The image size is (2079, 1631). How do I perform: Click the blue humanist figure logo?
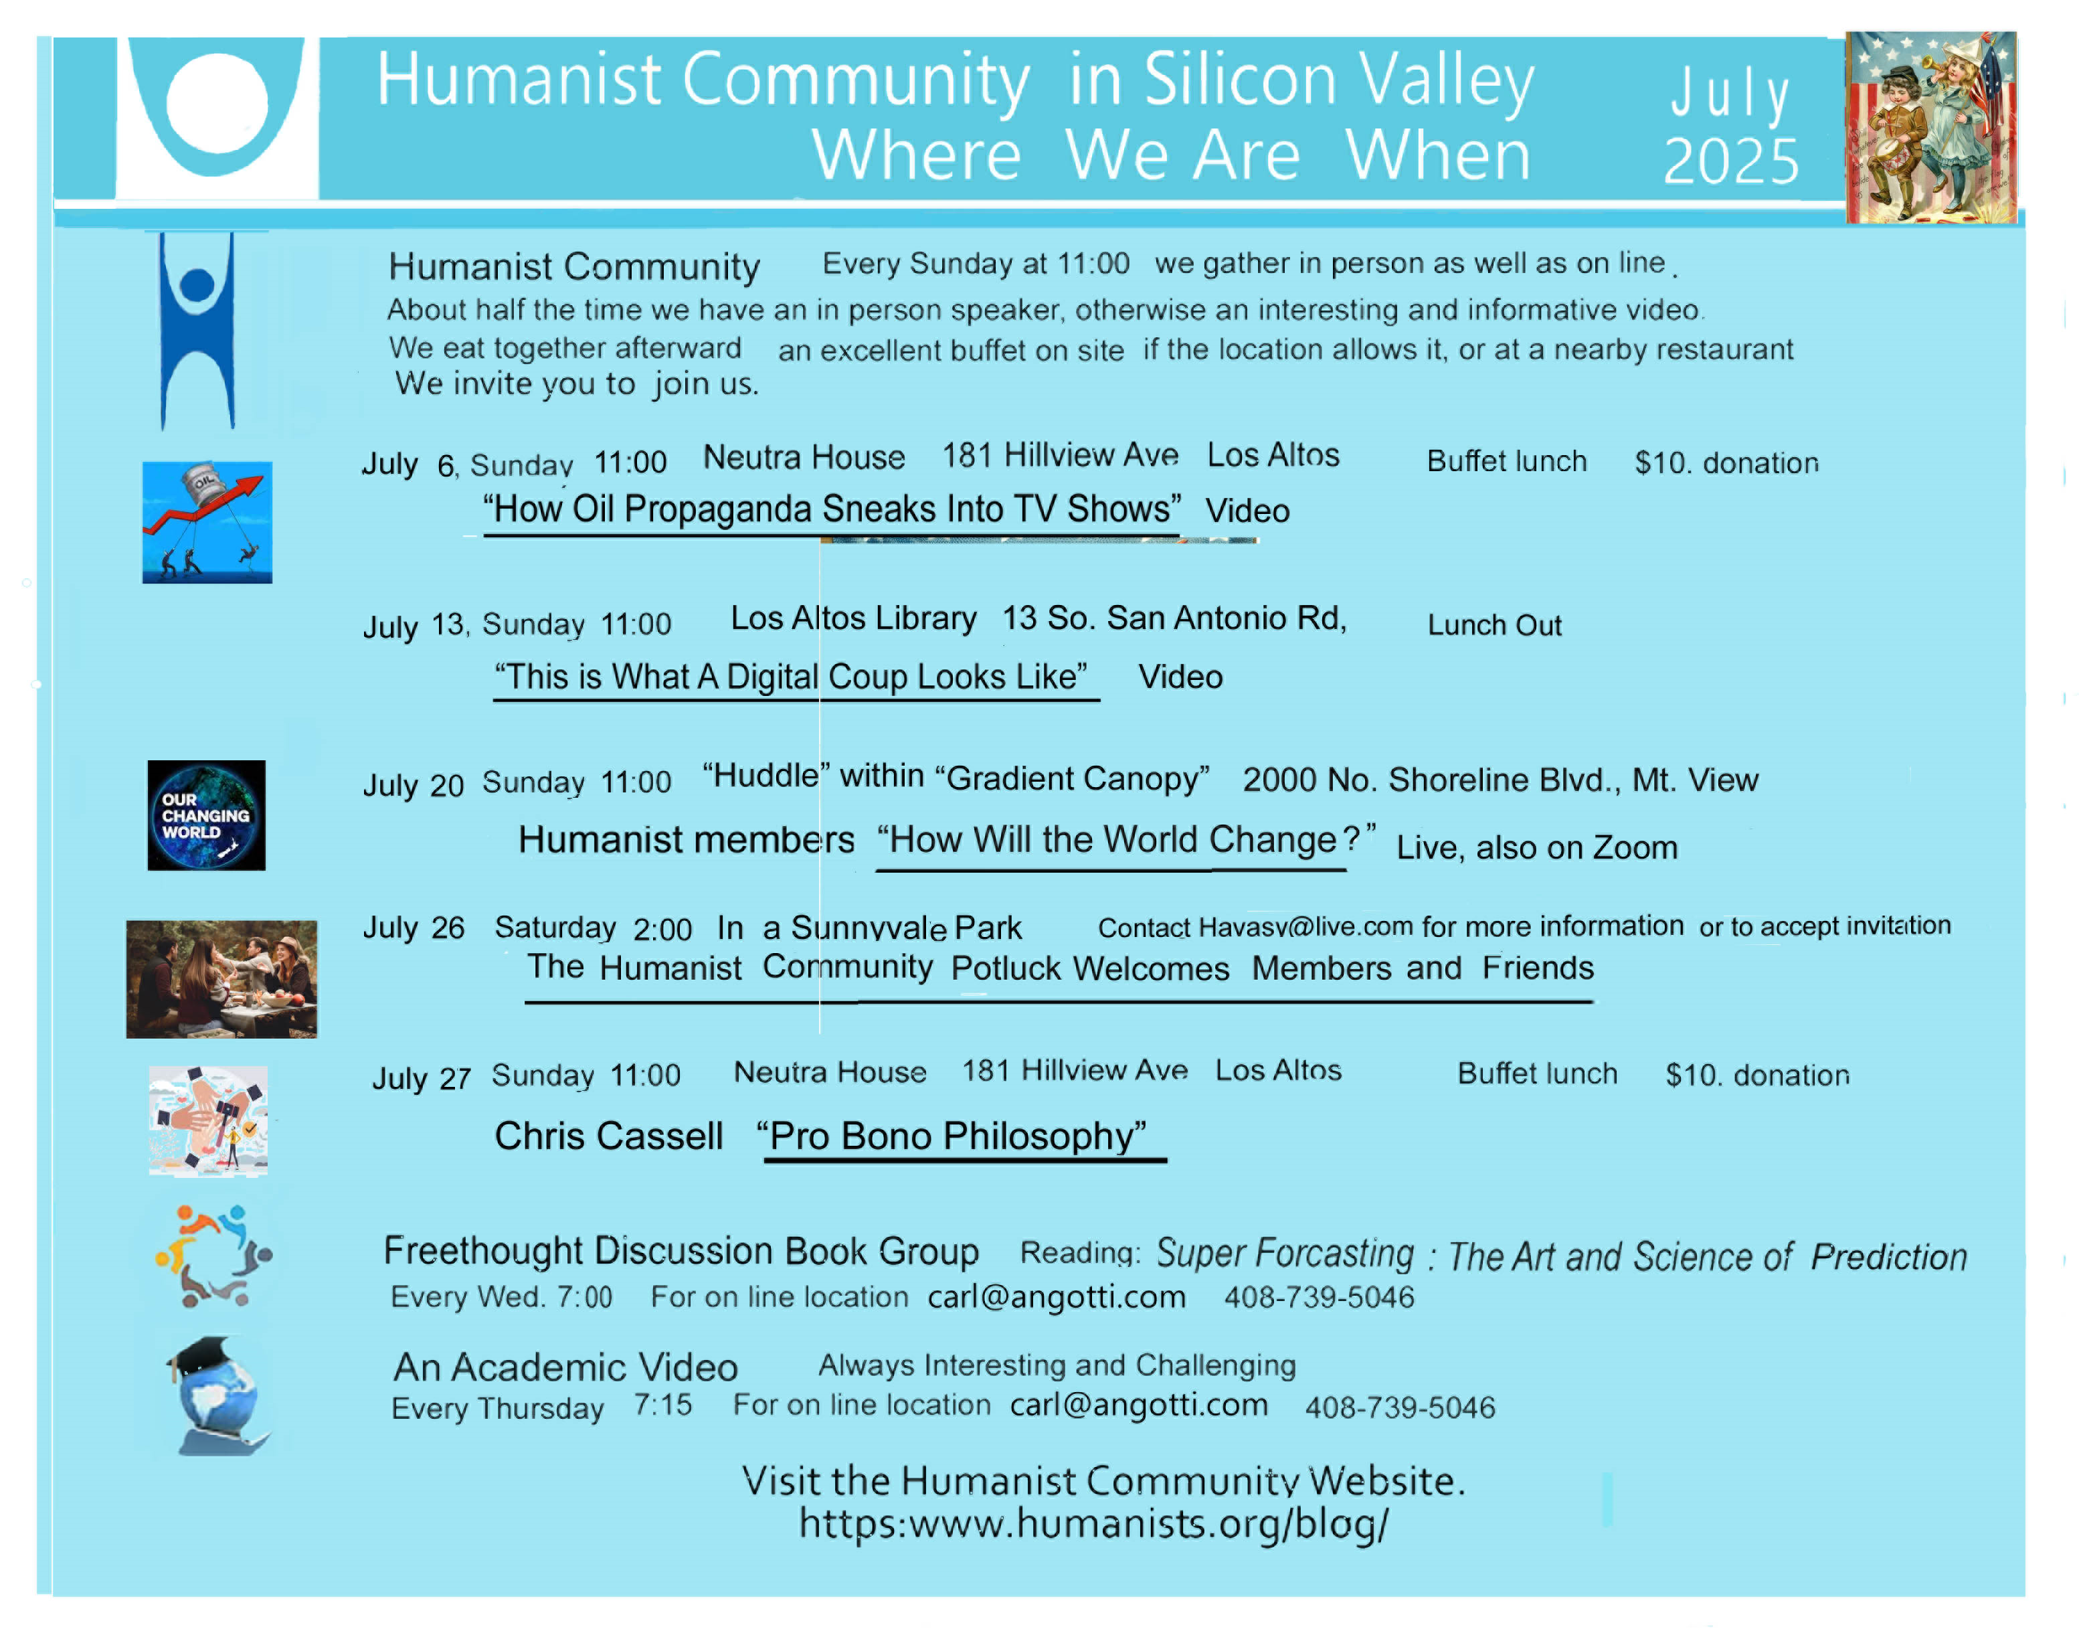197,331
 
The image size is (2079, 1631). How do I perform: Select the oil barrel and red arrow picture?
207,522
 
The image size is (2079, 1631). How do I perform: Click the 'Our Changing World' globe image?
206,814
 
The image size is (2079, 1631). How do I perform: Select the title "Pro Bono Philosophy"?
952,1136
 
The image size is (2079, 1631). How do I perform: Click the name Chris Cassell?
609,1136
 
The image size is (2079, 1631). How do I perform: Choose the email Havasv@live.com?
1306,926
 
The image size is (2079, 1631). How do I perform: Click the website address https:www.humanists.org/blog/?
1094,1524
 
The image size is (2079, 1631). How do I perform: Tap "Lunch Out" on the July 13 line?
1495,626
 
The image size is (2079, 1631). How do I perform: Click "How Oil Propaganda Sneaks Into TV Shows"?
832,509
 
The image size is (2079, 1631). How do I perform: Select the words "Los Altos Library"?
853,619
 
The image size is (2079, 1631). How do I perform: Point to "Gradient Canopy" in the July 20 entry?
1072,778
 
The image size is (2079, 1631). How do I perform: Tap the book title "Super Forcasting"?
1285,1254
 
